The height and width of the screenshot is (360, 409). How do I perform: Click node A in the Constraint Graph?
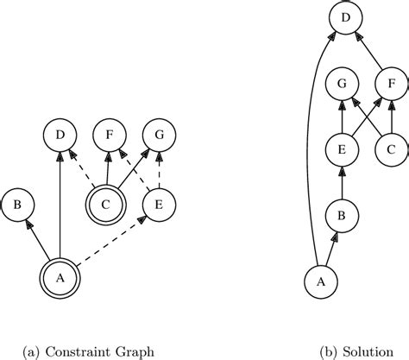click(60, 277)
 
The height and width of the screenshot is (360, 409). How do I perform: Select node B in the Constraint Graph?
click(18, 205)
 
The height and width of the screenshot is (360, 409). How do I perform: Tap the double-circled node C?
click(106, 205)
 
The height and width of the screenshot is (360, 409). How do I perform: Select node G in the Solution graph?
click(343, 85)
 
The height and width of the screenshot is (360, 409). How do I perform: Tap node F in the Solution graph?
click(391, 85)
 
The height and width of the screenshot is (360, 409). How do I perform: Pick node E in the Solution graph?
click(343, 151)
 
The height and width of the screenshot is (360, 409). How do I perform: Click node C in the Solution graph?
click(391, 151)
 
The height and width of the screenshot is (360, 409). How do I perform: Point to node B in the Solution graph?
click(343, 217)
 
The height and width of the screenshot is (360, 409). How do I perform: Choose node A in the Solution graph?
click(322, 281)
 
